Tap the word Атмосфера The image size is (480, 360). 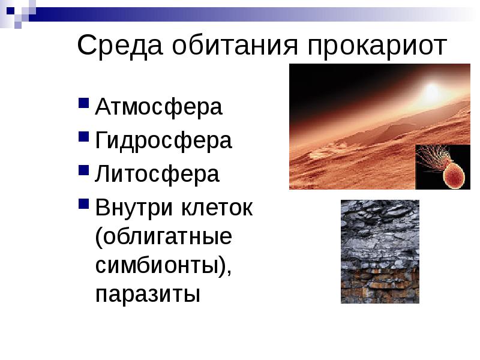(159, 107)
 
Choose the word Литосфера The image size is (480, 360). (158, 175)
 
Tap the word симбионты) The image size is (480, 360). (164, 266)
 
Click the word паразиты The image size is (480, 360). (148, 295)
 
